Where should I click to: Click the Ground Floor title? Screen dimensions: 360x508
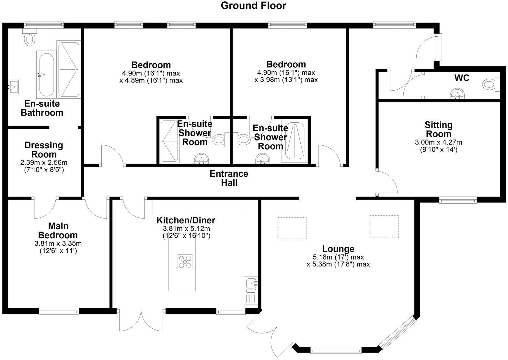pyautogui.click(x=253, y=6)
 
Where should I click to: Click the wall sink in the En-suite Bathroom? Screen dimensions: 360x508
pyautogui.click(x=13, y=86)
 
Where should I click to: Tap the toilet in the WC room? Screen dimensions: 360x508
pyautogui.click(x=490, y=85)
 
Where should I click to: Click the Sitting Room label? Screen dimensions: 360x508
pyautogui.click(x=438, y=129)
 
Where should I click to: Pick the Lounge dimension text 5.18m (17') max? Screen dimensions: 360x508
pyautogui.click(x=338, y=257)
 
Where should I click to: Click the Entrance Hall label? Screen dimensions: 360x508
pyautogui.click(x=229, y=178)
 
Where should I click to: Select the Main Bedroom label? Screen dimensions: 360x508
pyautogui.click(x=58, y=231)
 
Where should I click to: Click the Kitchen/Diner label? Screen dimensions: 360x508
pyautogui.click(x=186, y=220)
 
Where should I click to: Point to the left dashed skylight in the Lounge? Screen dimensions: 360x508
pyautogui.click(x=292, y=228)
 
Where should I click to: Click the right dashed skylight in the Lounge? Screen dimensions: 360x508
pyautogui.click(x=384, y=227)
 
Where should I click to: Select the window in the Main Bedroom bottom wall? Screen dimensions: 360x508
pyautogui.click(x=59, y=311)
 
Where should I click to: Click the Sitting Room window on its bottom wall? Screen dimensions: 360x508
pyautogui.click(x=458, y=201)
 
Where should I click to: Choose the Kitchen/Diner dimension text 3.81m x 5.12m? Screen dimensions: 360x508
pyautogui.click(x=186, y=229)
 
